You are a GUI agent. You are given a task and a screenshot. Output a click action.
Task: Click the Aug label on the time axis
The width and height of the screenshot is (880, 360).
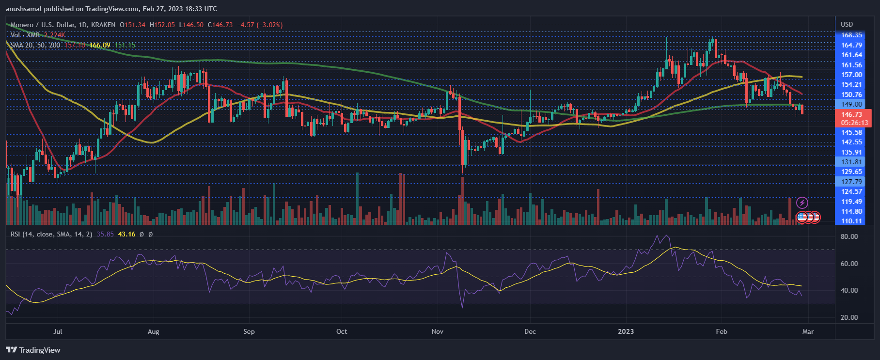click(x=153, y=332)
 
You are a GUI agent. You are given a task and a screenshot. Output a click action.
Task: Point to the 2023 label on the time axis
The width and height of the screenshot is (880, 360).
click(x=626, y=332)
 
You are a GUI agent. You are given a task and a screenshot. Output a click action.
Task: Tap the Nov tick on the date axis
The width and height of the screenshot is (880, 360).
click(x=438, y=332)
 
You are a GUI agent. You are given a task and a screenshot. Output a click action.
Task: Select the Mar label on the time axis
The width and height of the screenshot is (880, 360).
click(x=808, y=332)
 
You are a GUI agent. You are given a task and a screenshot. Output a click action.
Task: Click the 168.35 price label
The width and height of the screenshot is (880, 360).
click(x=851, y=35)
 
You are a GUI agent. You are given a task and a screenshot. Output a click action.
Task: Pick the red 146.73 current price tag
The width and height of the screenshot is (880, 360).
click(x=851, y=115)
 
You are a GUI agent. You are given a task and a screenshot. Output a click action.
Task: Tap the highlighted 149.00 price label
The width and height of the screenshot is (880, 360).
click(x=851, y=104)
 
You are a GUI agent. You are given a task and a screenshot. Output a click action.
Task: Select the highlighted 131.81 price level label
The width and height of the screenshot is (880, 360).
click(x=851, y=162)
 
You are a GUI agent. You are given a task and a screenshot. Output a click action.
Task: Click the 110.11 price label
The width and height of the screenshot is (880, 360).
click(x=851, y=221)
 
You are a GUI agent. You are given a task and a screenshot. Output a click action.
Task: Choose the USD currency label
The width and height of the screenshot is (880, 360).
click(x=847, y=24)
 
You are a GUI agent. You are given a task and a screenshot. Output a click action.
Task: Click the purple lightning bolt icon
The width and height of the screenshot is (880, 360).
click(x=802, y=203)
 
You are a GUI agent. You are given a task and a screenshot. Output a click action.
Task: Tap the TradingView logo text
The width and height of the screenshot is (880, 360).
click(x=33, y=350)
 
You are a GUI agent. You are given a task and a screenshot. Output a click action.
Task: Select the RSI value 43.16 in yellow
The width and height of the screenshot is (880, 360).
click(x=126, y=234)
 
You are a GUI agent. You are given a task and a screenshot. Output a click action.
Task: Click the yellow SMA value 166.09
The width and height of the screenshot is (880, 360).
click(x=100, y=45)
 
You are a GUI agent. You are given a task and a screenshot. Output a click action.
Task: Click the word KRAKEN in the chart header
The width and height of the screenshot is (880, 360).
click(x=103, y=25)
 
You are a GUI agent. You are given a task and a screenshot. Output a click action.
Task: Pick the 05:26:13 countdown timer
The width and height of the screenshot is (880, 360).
click(x=854, y=123)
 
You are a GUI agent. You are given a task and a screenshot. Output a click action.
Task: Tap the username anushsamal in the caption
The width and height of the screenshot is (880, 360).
click(x=27, y=9)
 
